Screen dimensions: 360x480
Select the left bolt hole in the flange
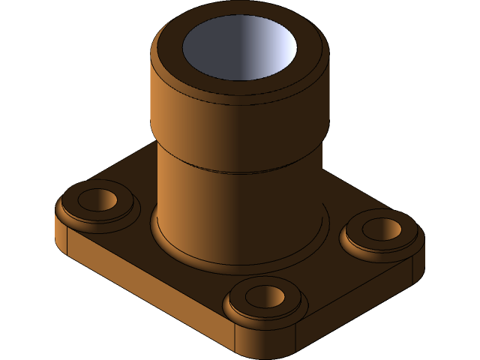click(97, 199)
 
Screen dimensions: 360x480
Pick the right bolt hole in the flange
click(382, 229)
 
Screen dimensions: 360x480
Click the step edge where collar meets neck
click(240, 171)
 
